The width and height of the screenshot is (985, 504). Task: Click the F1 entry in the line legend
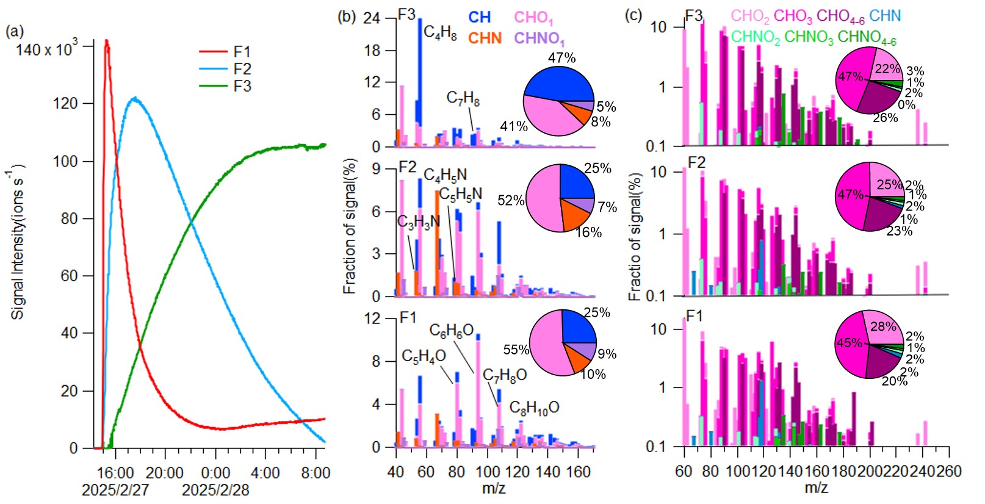click(x=242, y=52)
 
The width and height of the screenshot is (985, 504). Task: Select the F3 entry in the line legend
click(x=242, y=86)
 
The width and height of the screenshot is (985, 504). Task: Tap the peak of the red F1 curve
click(x=107, y=41)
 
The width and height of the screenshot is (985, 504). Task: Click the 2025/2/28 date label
click(x=215, y=490)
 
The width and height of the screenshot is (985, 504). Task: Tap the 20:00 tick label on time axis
click(x=165, y=473)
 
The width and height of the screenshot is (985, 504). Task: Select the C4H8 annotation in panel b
click(x=440, y=32)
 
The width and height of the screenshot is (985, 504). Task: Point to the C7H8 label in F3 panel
click(x=463, y=98)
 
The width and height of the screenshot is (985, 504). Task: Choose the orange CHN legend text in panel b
click(x=485, y=38)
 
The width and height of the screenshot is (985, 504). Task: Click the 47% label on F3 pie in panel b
click(x=561, y=58)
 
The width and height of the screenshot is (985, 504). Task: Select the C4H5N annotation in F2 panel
click(x=445, y=176)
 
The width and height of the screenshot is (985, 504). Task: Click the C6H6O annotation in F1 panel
click(x=451, y=331)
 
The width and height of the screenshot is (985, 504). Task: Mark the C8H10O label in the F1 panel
click(x=534, y=408)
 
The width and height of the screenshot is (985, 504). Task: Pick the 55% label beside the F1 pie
click(x=516, y=350)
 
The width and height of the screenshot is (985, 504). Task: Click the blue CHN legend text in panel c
click(x=885, y=16)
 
